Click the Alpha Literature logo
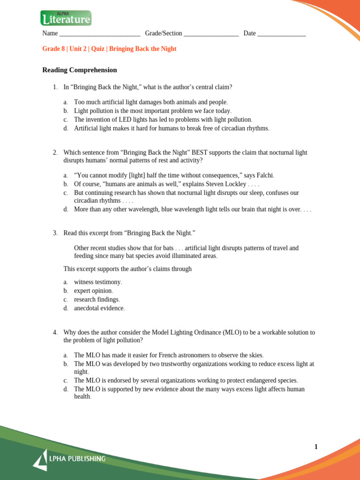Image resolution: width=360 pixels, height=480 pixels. (66, 18)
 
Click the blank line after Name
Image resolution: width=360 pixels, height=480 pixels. (100, 34)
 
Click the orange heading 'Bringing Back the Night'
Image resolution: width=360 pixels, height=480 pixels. (142, 49)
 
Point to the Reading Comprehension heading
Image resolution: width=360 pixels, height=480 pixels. (80, 70)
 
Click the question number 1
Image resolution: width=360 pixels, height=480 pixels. (55, 87)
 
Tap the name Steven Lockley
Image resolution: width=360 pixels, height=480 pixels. (225, 184)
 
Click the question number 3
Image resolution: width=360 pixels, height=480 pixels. (55, 233)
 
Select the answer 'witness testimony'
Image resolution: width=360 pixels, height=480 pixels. (97, 282)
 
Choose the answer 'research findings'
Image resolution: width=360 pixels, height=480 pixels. (97, 300)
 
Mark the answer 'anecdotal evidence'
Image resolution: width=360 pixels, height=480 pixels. (99, 308)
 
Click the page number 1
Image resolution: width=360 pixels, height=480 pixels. (316, 447)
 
